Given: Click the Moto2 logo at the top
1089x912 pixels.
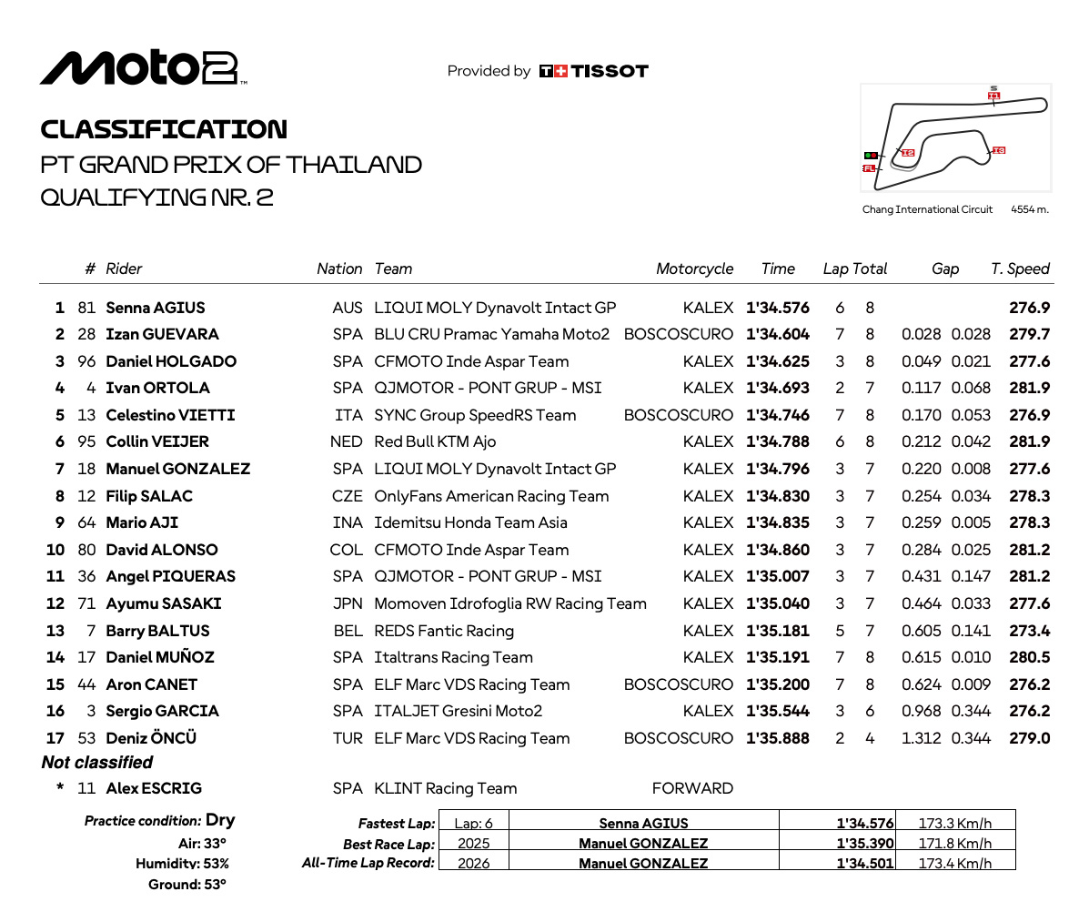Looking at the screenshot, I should [x=143, y=67].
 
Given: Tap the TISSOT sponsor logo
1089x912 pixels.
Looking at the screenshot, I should [x=593, y=71].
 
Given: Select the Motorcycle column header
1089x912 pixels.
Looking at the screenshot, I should [x=694, y=269].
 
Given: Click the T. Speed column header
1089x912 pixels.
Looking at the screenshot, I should [x=1020, y=269].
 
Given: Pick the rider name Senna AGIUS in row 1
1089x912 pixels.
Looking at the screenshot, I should [x=156, y=308].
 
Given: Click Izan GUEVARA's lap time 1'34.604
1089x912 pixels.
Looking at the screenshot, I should [x=777, y=334].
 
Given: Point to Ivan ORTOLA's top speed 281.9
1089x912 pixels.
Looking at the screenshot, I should [x=1029, y=388].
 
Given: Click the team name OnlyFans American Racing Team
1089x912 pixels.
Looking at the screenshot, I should [x=491, y=496].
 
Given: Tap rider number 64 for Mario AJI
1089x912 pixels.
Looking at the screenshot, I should [x=87, y=522].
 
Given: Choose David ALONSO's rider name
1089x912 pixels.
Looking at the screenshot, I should [x=162, y=550].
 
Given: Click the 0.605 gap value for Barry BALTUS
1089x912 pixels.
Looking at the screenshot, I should [x=922, y=631].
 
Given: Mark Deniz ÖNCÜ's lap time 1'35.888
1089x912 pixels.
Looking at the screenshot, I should [x=777, y=738].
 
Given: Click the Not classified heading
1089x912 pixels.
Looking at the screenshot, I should [x=97, y=763].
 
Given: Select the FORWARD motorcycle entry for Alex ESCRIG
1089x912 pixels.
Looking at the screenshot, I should [x=692, y=788].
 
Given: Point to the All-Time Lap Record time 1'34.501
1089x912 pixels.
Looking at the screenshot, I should [x=865, y=863].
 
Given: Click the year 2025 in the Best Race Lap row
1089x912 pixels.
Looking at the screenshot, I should [x=472, y=844].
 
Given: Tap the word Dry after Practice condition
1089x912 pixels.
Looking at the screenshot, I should [x=220, y=820].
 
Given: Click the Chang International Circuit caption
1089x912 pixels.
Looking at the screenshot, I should [x=927, y=209].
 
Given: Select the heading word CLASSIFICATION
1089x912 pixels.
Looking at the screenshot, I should [x=164, y=129].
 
